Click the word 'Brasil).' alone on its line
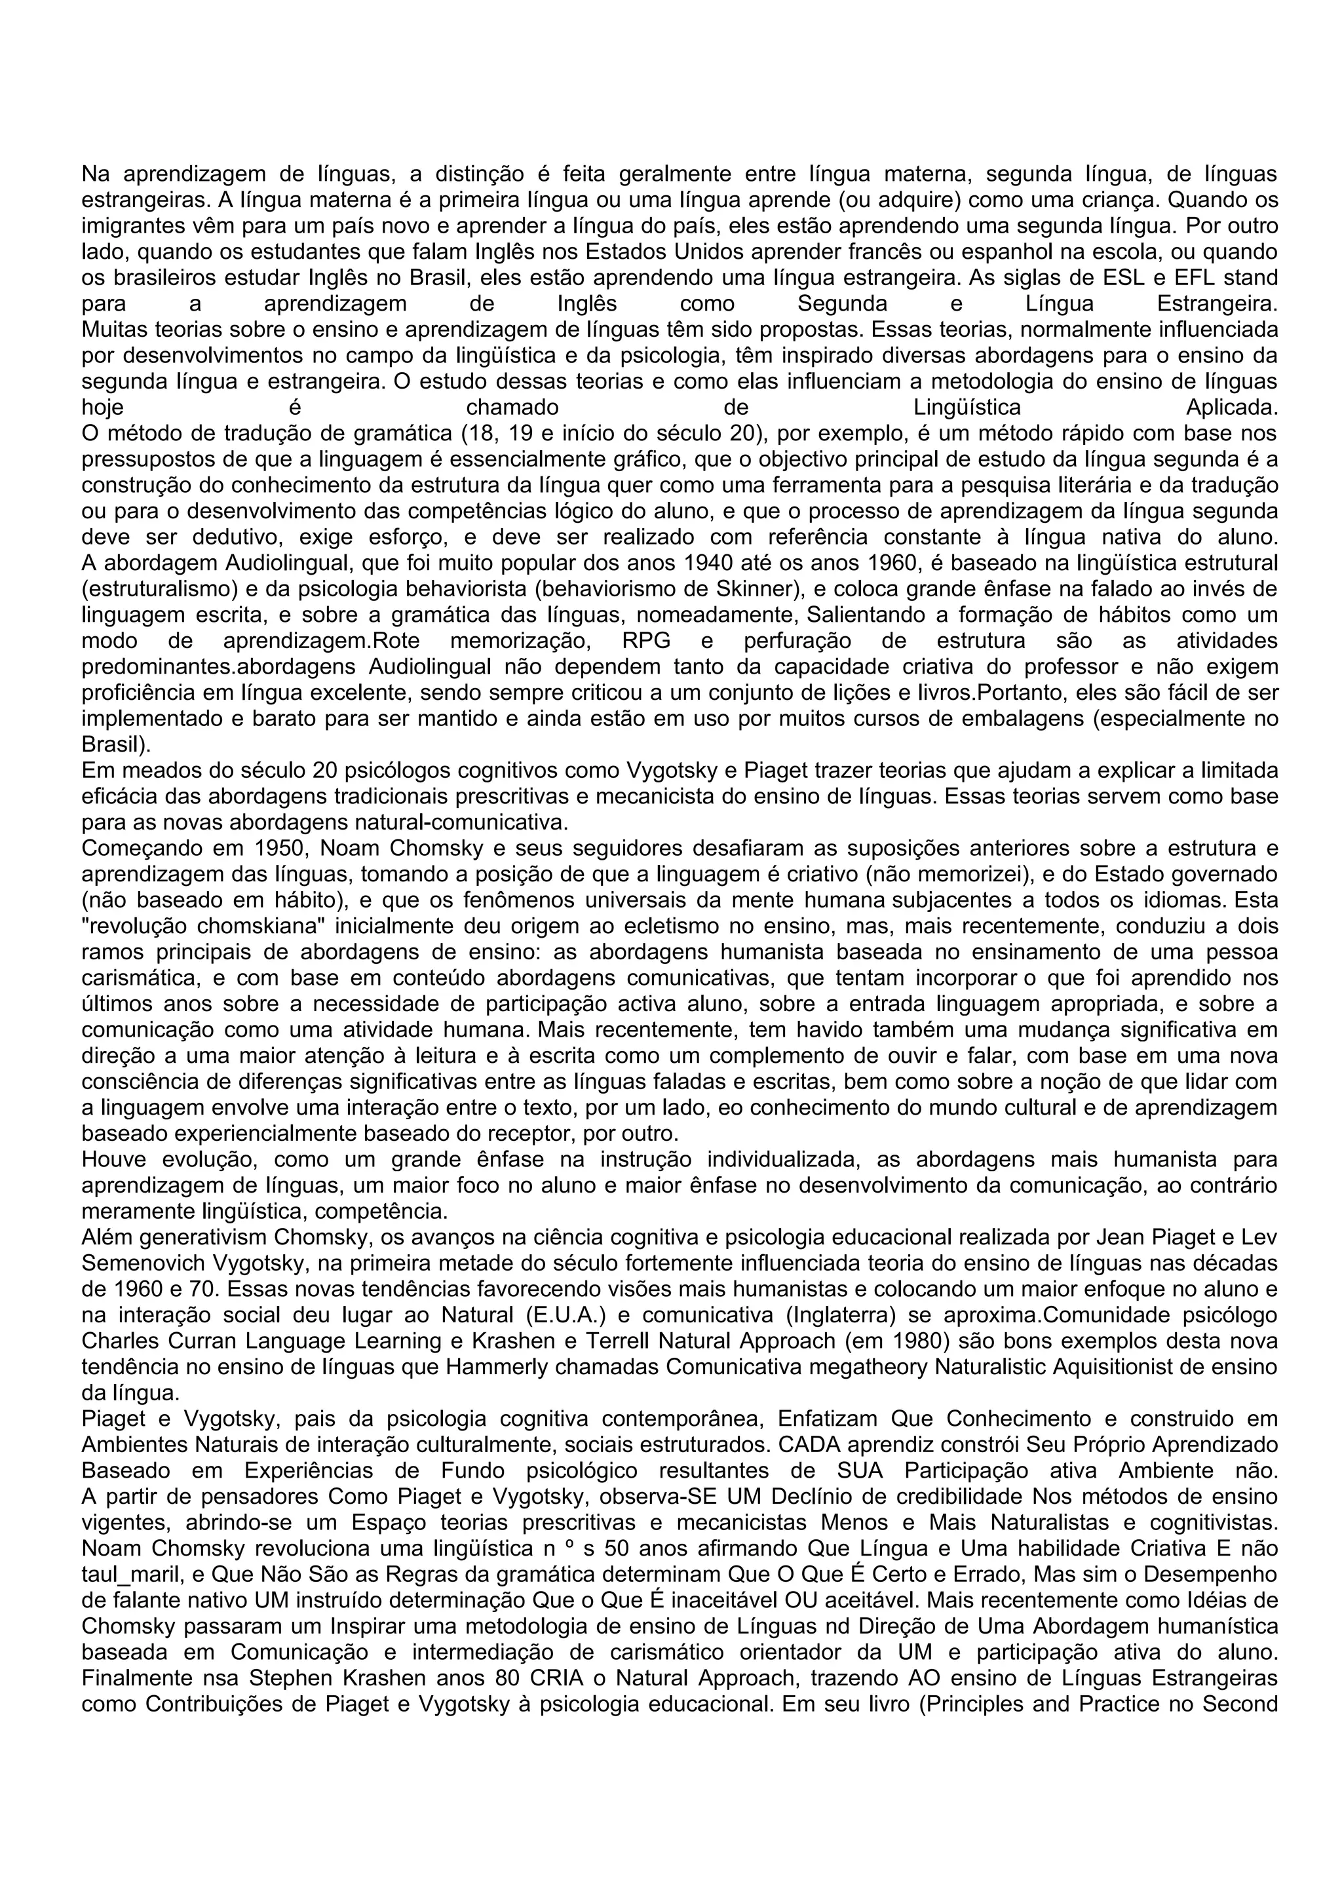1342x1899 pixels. click(116, 744)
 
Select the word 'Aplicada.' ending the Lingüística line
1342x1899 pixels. click(1231, 408)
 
